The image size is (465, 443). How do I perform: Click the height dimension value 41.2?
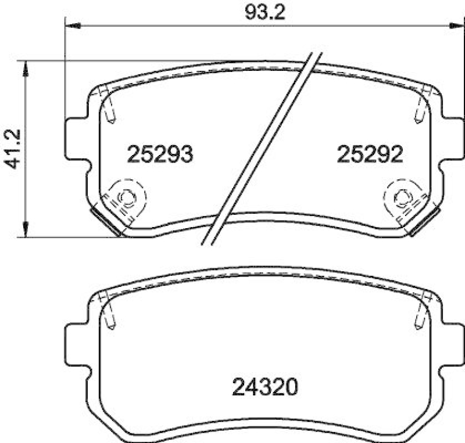[13, 148]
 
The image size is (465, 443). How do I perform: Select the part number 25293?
[160, 154]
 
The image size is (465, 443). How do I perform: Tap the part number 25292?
[370, 154]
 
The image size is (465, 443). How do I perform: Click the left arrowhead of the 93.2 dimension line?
[72, 26]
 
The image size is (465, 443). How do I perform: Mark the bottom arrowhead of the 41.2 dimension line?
[25, 229]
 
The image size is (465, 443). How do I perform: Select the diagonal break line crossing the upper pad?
[262, 148]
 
